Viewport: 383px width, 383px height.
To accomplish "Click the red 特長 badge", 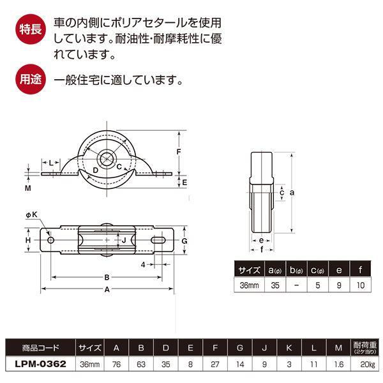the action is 31,29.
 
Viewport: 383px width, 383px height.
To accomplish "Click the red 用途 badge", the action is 31,79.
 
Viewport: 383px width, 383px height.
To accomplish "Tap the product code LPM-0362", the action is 41,364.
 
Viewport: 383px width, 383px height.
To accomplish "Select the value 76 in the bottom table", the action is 117,364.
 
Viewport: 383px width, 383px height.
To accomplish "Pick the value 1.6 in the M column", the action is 338,364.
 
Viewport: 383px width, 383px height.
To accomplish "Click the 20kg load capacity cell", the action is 368,364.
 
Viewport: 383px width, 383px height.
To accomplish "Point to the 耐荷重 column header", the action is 365,347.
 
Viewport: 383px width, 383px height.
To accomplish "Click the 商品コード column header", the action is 41,347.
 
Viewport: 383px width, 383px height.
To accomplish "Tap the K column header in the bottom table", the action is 289,347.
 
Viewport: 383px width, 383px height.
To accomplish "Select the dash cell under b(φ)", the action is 296,285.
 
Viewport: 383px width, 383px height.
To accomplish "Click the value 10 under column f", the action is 360,285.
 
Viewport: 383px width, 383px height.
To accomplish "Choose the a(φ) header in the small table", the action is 275,270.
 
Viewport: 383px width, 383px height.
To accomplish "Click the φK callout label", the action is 31,214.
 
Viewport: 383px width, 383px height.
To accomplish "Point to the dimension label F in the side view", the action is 179,151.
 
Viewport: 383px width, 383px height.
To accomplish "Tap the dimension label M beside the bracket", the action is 28,188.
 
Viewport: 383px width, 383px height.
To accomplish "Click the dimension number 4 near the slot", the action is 143,264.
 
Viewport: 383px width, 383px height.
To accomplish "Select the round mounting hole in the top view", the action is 51,240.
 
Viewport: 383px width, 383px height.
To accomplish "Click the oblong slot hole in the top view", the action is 158,240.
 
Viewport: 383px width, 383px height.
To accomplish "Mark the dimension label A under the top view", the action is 107,289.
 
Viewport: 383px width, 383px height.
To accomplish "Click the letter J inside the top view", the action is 124,240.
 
